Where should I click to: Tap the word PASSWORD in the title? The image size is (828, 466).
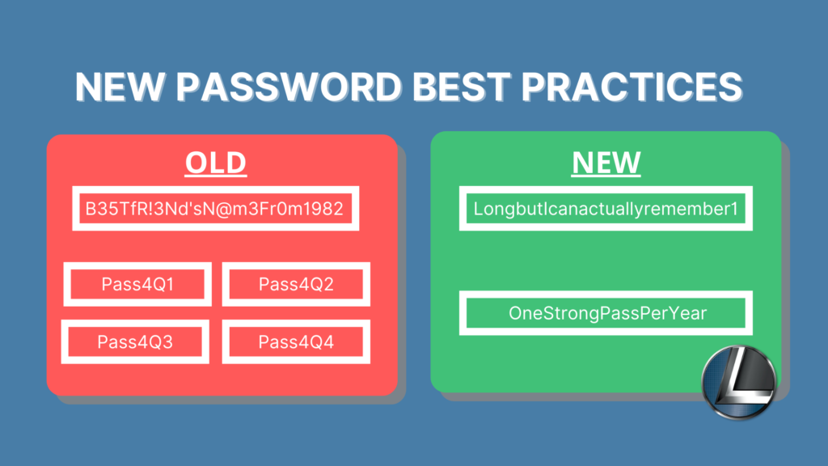pos(289,86)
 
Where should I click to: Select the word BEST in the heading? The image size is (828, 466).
pos(461,86)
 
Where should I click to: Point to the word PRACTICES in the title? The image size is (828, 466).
pos(632,86)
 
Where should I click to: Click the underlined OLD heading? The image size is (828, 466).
pos(215,162)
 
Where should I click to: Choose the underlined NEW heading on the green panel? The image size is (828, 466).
pos(606,162)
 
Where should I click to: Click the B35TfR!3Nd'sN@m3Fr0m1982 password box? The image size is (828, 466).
pos(215,208)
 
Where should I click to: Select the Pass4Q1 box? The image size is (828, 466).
pos(137,284)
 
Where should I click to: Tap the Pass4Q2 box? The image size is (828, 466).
pos(296,284)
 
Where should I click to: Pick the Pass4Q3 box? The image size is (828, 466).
pos(135,342)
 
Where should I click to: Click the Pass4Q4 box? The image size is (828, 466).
pos(296,342)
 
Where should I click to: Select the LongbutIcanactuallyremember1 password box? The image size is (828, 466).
pos(606,208)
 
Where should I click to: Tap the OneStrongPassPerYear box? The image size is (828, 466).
pos(606,313)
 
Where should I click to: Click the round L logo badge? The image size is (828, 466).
pos(739,382)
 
